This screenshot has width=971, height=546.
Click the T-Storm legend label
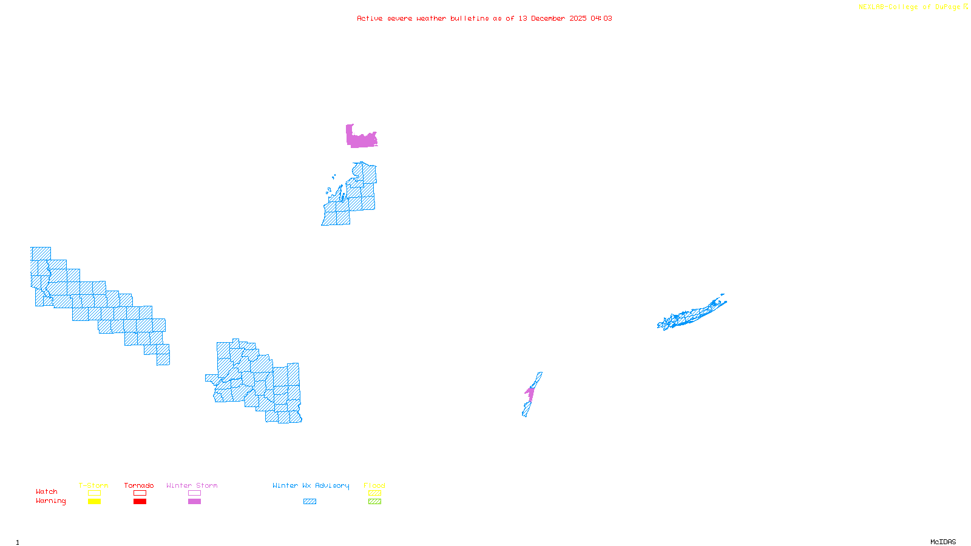pyautogui.click(x=93, y=485)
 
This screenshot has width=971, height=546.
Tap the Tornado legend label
pyautogui.click(x=139, y=485)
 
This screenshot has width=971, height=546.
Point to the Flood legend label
pyautogui.click(x=374, y=485)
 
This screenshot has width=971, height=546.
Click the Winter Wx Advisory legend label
pyautogui.click(x=311, y=485)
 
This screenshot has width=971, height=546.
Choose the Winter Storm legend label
pyautogui.click(x=192, y=485)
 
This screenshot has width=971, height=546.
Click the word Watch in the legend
pyautogui.click(x=47, y=491)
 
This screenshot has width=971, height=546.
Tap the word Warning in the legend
pyautogui.click(x=51, y=501)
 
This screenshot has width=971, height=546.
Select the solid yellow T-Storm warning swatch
pyautogui.click(x=94, y=502)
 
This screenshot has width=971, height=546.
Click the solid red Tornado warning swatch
pyautogui.click(x=140, y=502)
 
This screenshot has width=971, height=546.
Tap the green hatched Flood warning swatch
pyautogui.click(x=375, y=502)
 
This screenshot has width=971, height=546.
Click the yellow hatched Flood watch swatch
pyautogui.click(x=375, y=493)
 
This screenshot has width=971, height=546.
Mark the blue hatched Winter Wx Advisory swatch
pyautogui.click(x=310, y=502)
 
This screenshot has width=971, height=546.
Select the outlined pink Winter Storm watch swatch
pyautogui.click(x=194, y=493)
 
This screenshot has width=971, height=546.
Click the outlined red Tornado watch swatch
pyautogui.click(x=140, y=493)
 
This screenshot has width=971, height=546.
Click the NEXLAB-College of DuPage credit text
pyautogui.click(x=913, y=7)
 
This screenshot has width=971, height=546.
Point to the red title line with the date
pyautogui.click(x=484, y=18)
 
